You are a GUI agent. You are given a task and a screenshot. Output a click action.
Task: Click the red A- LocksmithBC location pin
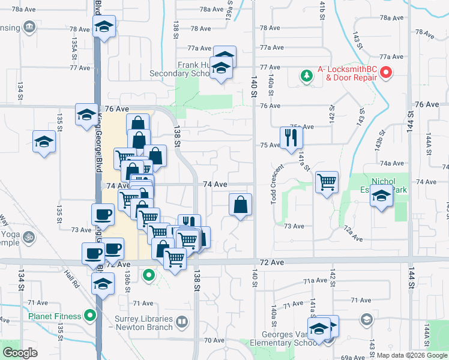(x=386, y=74)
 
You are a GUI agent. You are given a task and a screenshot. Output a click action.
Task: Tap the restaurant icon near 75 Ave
(x=291, y=137)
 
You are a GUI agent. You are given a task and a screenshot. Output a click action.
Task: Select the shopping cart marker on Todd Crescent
(x=327, y=181)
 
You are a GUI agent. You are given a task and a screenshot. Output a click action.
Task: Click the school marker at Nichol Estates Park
(x=381, y=196)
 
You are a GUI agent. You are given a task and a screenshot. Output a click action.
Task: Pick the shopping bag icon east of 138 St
(x=240, y=205)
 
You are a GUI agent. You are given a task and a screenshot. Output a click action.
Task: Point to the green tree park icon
(x=307, y=76)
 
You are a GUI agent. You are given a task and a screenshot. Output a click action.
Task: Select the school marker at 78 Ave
(x=104, y=26)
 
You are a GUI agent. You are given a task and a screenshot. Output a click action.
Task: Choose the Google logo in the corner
(x=20, y=353)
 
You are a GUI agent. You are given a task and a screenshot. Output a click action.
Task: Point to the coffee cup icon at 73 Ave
(x=103, y=214)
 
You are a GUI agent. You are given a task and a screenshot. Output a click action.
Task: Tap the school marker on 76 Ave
(x=86, y=114)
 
